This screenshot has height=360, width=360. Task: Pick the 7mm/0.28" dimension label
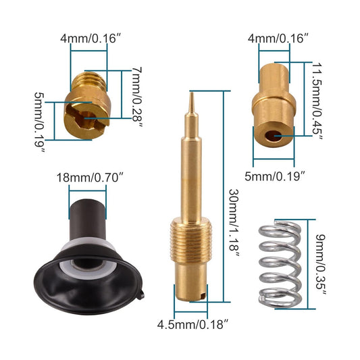coord(137,95)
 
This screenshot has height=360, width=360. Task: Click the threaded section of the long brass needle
coord(191,240)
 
